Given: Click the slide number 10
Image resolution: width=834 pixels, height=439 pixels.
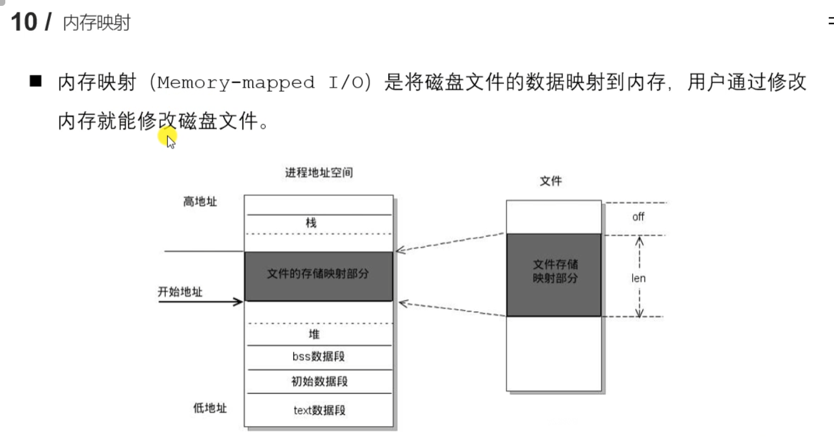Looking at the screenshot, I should (x=23, y=22).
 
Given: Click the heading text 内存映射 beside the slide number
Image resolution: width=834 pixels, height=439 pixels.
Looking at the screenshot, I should (x=96, y=24).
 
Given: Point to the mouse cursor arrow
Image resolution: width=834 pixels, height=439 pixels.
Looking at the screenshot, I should (x=171, y=141).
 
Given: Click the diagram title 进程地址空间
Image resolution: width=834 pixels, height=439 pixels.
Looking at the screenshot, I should (x=319, y=173).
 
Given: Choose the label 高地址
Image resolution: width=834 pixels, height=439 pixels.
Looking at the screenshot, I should (x=200, y=202).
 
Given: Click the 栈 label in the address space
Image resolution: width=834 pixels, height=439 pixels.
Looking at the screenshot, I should (x=311, y=223).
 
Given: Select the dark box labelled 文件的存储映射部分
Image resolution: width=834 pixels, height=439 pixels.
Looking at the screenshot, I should (x=318, y=276).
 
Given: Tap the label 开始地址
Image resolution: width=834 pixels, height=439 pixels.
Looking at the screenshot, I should (x=180, y=292).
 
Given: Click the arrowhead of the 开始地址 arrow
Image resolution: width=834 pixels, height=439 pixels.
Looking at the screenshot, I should (x=238, y=302).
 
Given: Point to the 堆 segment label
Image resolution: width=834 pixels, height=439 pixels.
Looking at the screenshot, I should (x=314, y=334).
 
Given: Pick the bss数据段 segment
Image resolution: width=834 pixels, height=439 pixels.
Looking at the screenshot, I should (x=318, y=357).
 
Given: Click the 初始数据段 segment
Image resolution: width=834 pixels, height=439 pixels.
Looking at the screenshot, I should (x=319, y=381).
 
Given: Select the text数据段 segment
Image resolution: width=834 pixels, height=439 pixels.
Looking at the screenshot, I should (x=319, y=410).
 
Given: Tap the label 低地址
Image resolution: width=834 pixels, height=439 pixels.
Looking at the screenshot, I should (x=210, y=408).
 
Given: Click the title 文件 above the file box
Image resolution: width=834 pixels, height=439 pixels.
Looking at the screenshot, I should (x=551, y=181).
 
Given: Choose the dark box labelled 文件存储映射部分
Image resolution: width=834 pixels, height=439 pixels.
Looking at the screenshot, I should (x=554, y=275).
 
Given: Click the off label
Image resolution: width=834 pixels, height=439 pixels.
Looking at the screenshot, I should (x=638, y=217).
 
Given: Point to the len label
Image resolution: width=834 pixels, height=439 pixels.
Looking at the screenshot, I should (x=638, y=278).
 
